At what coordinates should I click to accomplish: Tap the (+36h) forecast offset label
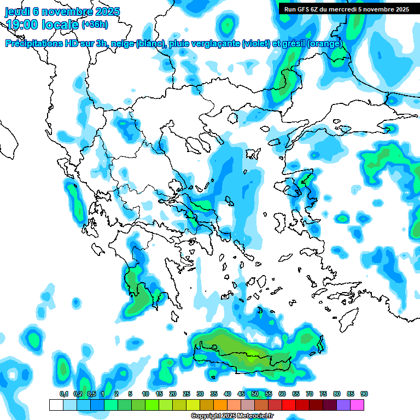(x=95, y=25)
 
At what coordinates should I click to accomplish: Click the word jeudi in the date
(x=17, y=11)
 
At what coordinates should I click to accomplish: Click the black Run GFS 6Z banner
(x=347, y=9)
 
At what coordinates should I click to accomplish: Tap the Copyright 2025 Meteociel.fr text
(x=232, y=416)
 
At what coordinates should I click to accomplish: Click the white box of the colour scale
(x=56, y=405)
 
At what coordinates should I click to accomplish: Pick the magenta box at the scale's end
(x=357, y=405)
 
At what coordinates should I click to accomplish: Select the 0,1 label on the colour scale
(x=63, y=394)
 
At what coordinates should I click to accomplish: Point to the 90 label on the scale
(x=364, y=394)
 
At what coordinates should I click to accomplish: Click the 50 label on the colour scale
(x=255, y=394)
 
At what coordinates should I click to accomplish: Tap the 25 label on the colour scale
(x=186, y=394)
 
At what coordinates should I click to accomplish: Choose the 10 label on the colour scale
(x=145, y=394)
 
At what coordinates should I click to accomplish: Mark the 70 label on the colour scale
(x=310, y=394)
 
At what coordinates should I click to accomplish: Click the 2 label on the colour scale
(x=116, y=394)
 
